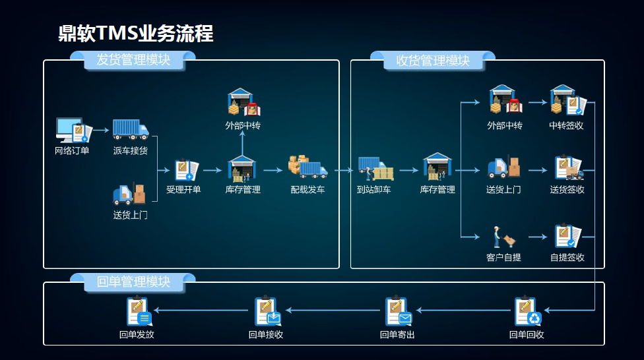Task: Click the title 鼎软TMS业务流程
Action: click(136, 33)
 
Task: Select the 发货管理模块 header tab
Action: click(133, 60)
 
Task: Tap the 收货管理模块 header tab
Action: click(433, 61)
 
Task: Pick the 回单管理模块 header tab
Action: click(133, 282)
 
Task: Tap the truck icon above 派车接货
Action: click(130, 129)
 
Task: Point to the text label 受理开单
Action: click(183, 190)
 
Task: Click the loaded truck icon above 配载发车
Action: click(307, 167)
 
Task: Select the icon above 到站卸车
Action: click(375, 169)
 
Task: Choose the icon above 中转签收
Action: click(567, 100)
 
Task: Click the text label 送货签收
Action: click(567, 190)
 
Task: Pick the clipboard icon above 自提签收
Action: click(567, 236)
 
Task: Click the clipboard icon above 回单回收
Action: click(527, 312)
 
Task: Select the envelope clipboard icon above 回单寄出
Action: click(399, 312)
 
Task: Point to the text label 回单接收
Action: click(266, 335)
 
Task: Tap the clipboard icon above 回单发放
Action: click(139, 312)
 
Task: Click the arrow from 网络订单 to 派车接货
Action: click(100, 131)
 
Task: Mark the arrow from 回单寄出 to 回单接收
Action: click(333, 310)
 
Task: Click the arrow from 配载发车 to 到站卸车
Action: click(343, 170)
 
